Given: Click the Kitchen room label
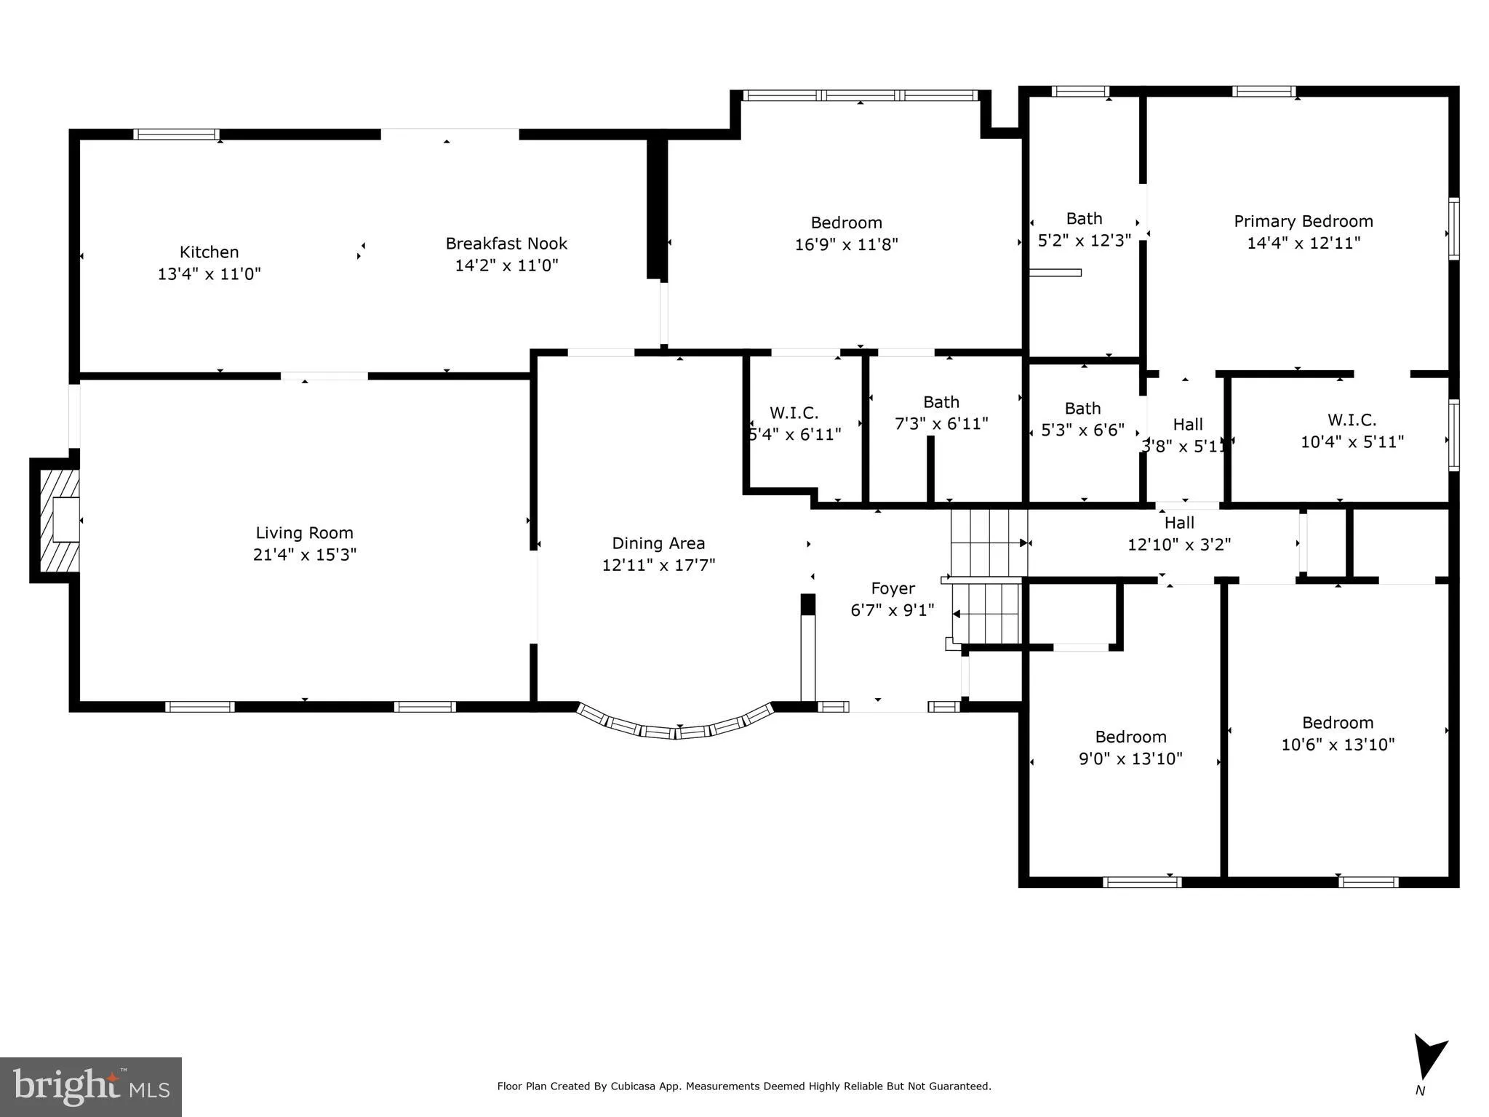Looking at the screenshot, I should tap(209, 252).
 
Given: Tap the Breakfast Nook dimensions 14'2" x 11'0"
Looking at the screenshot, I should tap(506, 265).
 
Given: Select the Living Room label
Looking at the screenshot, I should tap(304, 533).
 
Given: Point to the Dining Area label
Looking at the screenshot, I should tap(658, 543).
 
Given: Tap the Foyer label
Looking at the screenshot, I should tap(893, 588).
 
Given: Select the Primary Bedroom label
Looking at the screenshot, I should tap(1303, 221).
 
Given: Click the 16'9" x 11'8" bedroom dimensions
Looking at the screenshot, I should tap(846, 244).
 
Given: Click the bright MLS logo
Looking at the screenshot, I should tap(90, 1086).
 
